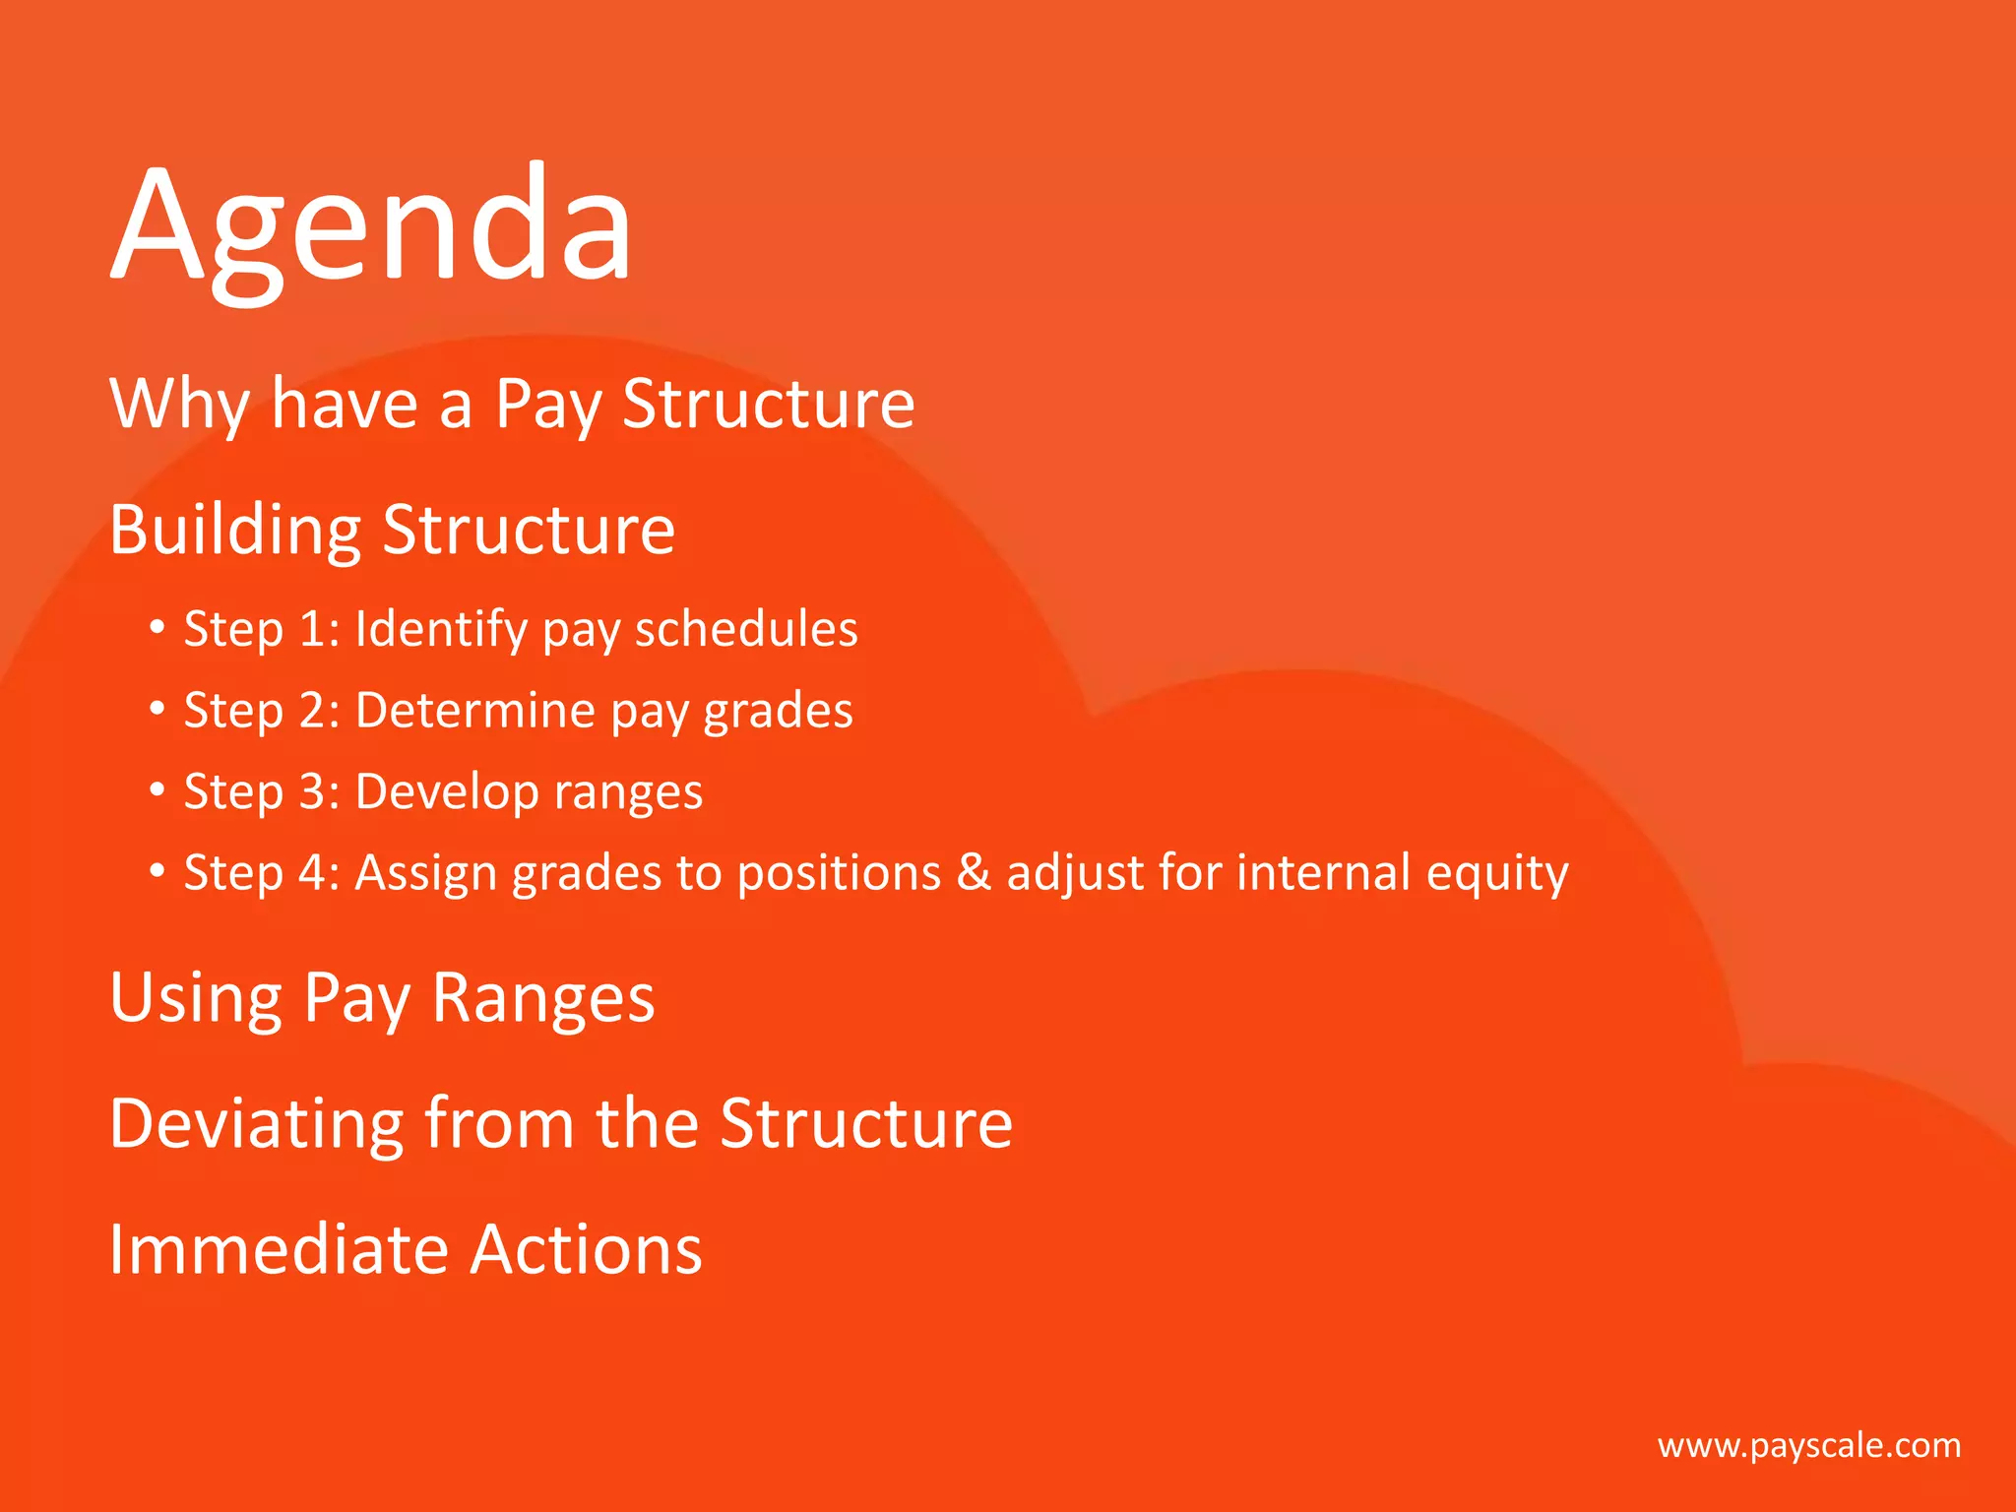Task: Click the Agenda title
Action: point(371,226)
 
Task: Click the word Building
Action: point(234,530)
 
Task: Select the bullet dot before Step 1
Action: point(157,627)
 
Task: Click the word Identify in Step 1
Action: point(440,628)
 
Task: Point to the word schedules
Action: point(745,628)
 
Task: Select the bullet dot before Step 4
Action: point(157,871)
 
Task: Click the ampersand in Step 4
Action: point(974,872)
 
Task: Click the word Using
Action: point(195,998)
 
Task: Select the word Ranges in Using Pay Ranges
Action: point(542,998)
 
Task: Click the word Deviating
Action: point(256,1123)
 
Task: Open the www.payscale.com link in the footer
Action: point(1808,1445)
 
